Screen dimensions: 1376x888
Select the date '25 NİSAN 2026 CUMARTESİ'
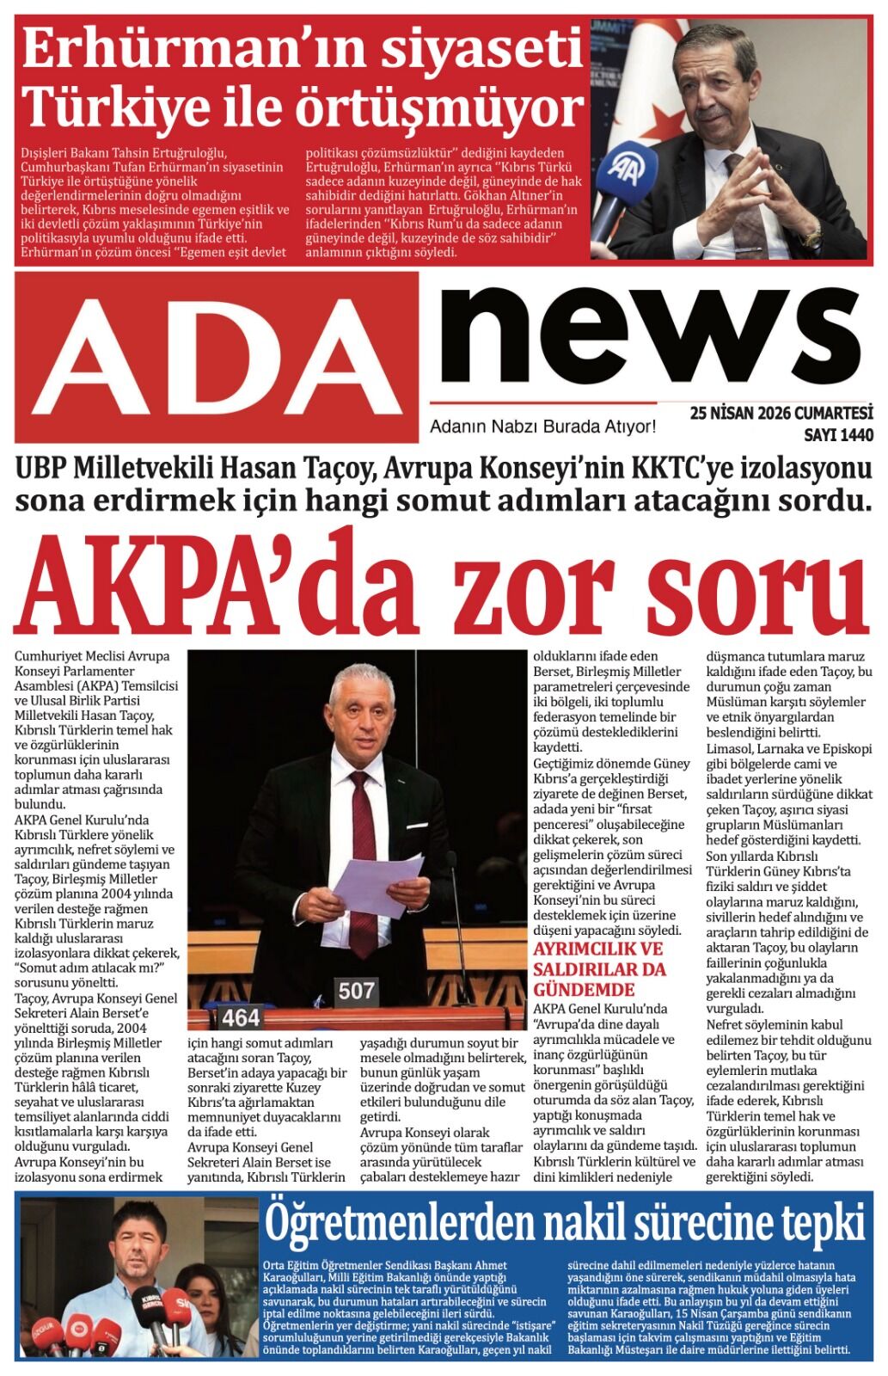point(781,414)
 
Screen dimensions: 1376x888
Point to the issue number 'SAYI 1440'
point(837,435)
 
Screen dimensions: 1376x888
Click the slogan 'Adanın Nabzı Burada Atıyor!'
point(542,427)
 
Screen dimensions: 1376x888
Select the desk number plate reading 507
point(356,991)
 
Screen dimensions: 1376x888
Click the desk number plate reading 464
point(241,1017)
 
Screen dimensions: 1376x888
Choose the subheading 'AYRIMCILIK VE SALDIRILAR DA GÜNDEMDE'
point(598,969)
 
